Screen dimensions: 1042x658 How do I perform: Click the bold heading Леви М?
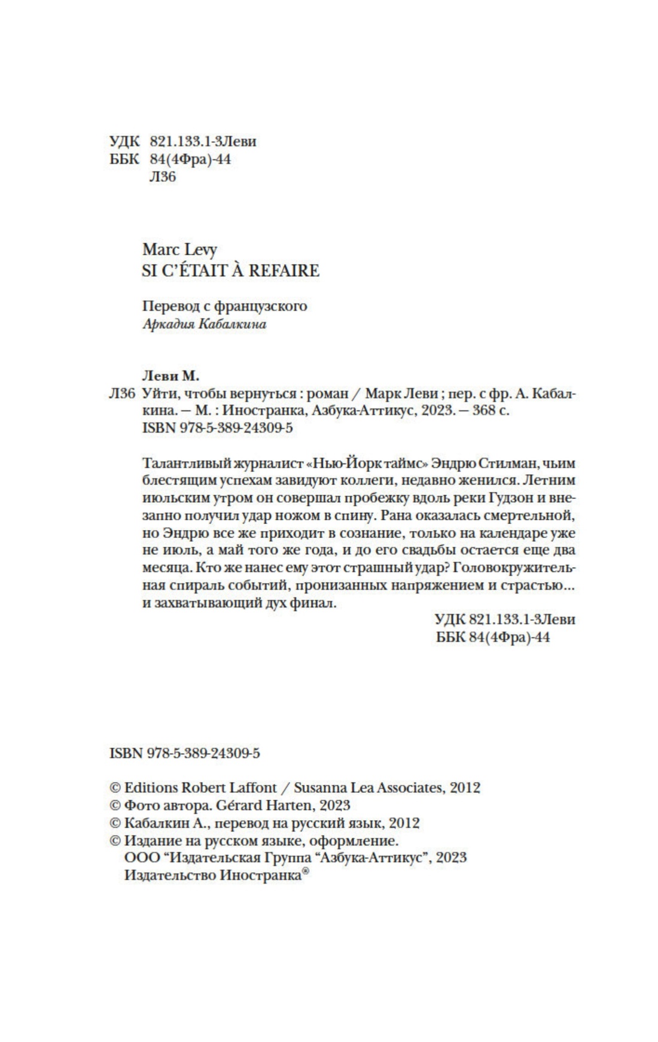(x=170, y=376)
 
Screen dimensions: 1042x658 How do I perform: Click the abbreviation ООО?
(x=142, y=858)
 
